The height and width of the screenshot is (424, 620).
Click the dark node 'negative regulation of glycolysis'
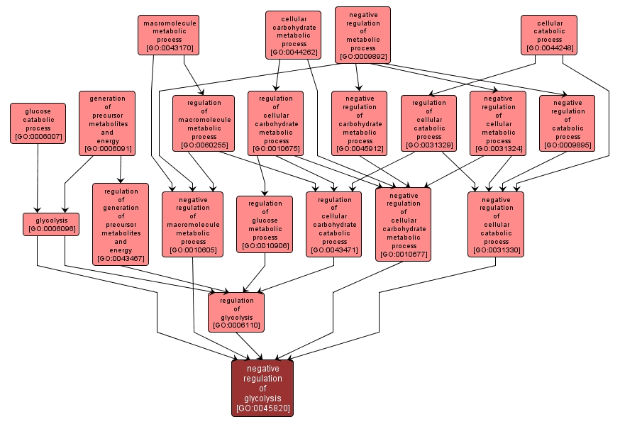(262, 388)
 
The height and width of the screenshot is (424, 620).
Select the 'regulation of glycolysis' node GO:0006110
(236, 311)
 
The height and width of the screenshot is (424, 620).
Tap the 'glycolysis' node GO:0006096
(50, 224)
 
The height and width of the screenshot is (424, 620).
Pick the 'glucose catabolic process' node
(38, 123)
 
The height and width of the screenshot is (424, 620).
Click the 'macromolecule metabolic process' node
(167, 35)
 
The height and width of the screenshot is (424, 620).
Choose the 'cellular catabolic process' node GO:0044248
(548, 35)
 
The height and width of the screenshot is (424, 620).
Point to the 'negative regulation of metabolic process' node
(362, 35)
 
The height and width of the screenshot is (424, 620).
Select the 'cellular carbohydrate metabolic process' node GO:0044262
(294, 35)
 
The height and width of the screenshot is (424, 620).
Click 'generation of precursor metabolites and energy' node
(107, 123)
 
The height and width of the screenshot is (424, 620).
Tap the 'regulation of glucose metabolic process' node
(264, 224)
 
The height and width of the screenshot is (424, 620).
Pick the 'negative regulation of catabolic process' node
(567, 123)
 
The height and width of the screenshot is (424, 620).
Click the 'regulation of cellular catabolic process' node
(428, 123)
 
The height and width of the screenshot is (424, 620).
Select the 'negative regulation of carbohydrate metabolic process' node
(359, 123)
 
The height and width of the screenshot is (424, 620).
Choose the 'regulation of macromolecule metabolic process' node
(204, 123)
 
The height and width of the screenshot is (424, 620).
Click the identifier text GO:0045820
(262, 408)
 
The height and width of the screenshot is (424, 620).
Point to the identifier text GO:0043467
(121, 259)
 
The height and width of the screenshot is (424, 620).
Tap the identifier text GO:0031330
(496, 250)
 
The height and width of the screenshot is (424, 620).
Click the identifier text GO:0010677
(403, 255)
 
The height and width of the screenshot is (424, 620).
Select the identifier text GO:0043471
(333, 250)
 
